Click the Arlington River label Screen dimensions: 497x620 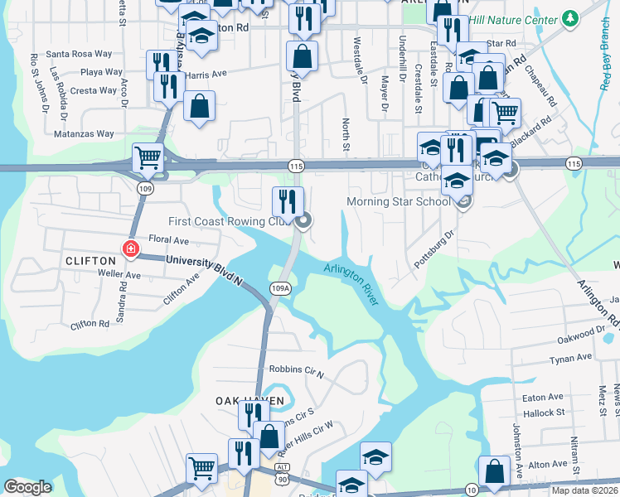(x=351, y=283)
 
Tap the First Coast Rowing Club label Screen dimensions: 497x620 (x=231, y=221)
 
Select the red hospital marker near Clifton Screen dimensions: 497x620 (x=129, y=248)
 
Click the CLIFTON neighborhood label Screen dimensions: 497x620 (x=90, y=261)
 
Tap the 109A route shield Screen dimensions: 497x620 (x=280, y=288)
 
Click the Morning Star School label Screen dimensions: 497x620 (x=399, y=201)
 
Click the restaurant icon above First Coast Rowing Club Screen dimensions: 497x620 (x=288, y=200)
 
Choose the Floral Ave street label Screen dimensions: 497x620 (x=168, y=240)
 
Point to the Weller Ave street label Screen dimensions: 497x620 (x=119, y=273)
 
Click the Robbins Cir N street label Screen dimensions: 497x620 (x=296, y=369)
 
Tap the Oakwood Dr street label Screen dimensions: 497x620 (x=583, y=332)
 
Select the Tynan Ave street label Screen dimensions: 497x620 (x=572, y=358)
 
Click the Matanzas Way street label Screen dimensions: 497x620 (x=84, y=133)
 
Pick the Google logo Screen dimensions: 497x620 (x=28, y=487)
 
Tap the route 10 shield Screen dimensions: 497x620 (x=472, y=489)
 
